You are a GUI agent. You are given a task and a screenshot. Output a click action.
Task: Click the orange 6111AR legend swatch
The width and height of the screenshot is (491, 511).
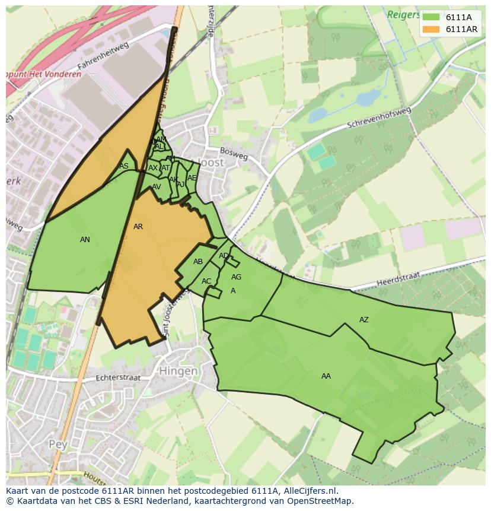[431, 29]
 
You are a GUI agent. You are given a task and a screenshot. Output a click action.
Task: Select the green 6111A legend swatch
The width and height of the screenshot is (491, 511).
[431, 17]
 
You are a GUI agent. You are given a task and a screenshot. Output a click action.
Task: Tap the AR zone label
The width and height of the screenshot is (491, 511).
[138, 227]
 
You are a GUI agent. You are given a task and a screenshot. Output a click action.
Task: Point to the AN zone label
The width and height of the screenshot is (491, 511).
[85, 240]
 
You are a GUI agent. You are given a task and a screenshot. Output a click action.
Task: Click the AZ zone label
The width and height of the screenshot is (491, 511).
[364, 320]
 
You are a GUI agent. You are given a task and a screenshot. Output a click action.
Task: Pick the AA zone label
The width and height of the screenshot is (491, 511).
[326, 376]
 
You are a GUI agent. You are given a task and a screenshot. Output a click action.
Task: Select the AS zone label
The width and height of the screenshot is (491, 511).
[123, 166]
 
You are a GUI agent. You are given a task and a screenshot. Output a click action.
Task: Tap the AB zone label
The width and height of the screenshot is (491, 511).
[198, 262]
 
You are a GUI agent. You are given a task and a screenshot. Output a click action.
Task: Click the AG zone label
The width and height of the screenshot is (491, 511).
[236, 277]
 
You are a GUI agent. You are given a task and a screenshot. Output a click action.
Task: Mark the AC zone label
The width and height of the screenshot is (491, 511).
[206, 281]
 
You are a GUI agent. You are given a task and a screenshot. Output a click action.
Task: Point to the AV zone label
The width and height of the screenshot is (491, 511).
[157, 187]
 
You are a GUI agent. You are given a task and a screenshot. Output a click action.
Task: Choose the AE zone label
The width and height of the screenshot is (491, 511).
[192, 178]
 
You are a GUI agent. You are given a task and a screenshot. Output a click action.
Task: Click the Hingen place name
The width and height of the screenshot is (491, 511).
[178, 371]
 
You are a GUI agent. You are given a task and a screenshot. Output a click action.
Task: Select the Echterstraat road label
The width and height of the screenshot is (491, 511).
[120, 377]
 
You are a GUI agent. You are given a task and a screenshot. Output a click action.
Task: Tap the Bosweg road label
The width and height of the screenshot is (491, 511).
[234, 153]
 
